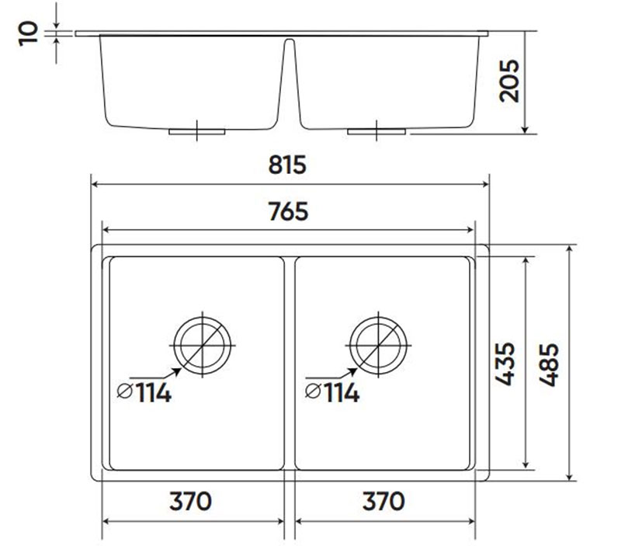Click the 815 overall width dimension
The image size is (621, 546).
(x=289, y=165)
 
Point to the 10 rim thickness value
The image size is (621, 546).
(x=29, y=33)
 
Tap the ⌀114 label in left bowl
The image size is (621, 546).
(x=144, y=393)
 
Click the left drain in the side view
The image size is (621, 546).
(x=197, y=130)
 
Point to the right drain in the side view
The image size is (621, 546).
(x=377, y=130)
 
